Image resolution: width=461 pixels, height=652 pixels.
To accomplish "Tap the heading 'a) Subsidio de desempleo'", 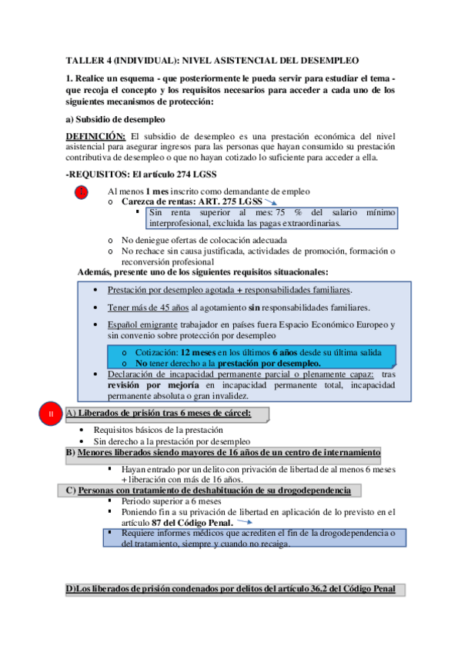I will (x=115, y=119).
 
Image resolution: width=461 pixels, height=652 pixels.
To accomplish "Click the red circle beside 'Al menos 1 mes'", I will (x=82, y=191).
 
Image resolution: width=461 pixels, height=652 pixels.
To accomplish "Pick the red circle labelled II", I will (x=51, y=415).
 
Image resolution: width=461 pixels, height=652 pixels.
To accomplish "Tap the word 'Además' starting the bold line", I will (x=95, y=271).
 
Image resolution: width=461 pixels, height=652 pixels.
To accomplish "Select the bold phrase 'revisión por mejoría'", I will (x=152, y=384).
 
